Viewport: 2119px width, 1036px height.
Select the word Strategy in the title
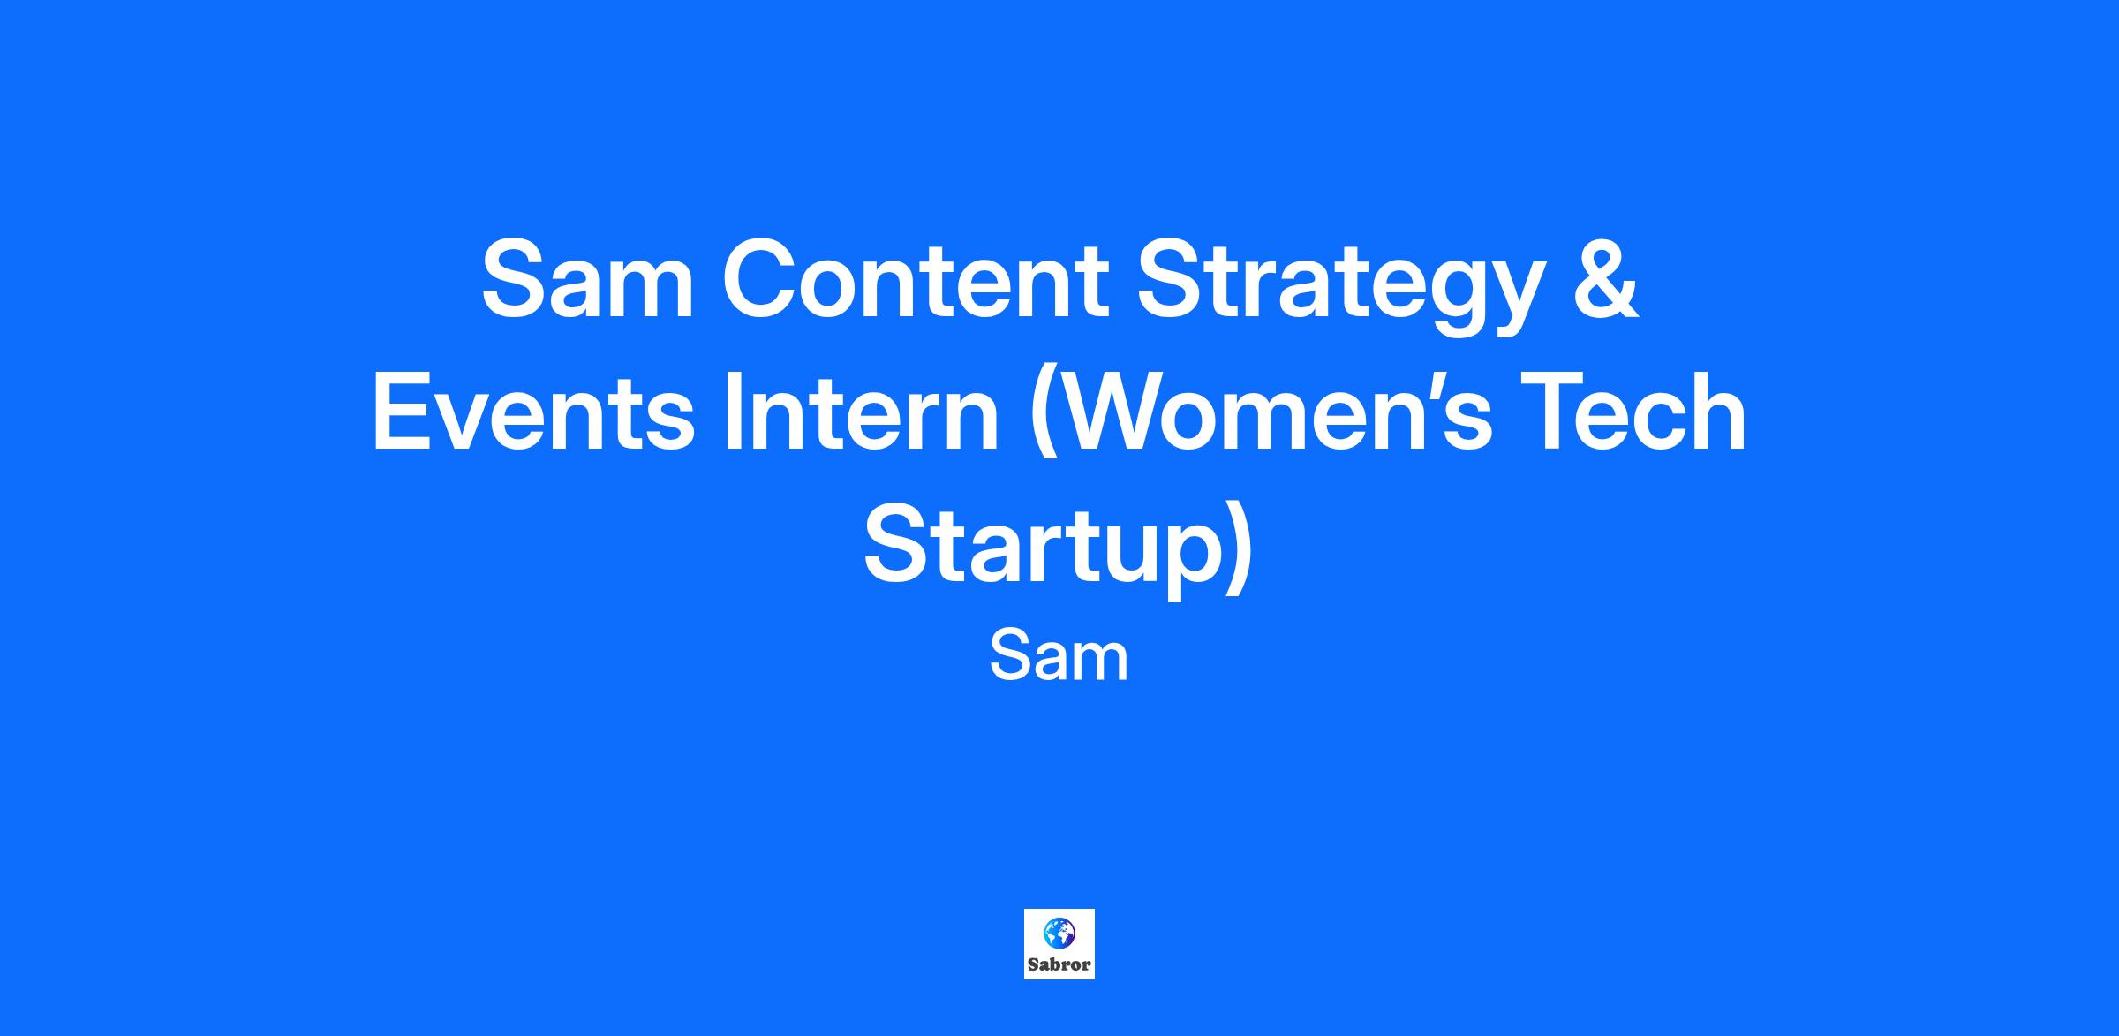1341,287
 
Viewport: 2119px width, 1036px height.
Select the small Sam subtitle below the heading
1059,658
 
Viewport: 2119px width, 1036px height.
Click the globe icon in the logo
1059,931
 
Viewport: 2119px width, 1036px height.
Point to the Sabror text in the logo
1059,964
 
